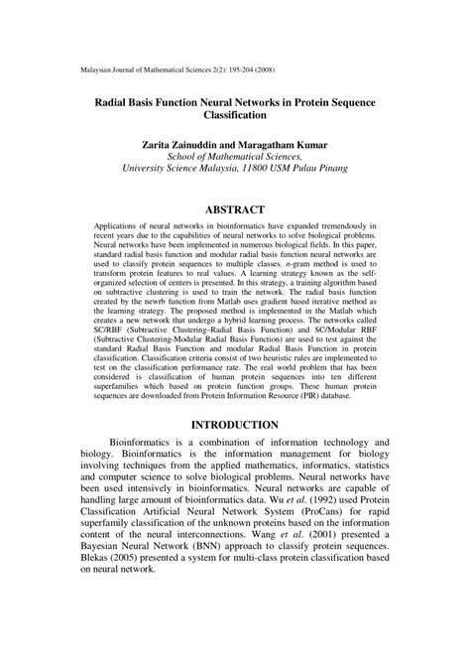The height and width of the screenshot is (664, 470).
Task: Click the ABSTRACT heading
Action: pyautogui.click(x=235, y=209)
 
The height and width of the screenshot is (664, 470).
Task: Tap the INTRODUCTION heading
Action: pyautogui.click(x=235, y=424)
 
